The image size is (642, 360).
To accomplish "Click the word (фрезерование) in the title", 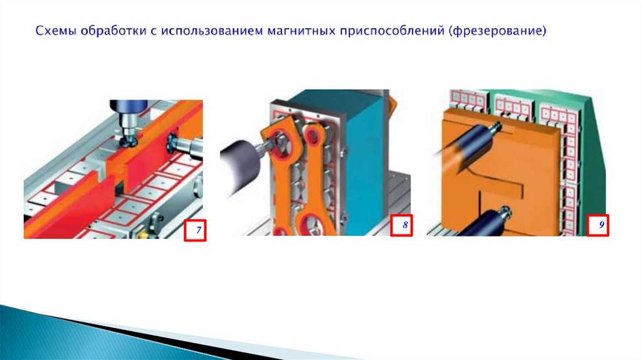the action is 497,31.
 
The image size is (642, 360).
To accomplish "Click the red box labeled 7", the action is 195,230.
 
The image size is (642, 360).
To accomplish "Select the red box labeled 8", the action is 401,225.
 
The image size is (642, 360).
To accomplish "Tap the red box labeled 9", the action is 597,225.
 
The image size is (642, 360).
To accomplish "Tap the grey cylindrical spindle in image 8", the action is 239,164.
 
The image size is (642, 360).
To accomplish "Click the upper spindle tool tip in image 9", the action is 497,125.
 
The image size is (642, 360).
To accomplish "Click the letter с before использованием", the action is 153,32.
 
